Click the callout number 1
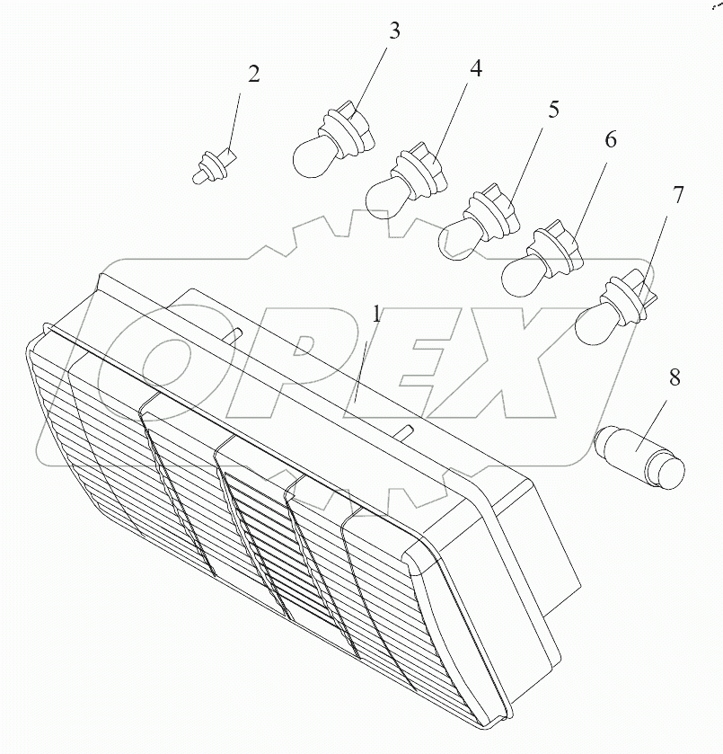(376, 315)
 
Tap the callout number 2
(254, 74)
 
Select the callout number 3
(394, 31)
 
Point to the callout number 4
(475, 69)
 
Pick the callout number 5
(554, 110)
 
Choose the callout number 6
(610, 139)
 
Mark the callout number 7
(677, 195)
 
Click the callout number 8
(675, 377)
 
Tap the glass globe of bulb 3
(311, 157)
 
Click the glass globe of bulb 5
(460, 239)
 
